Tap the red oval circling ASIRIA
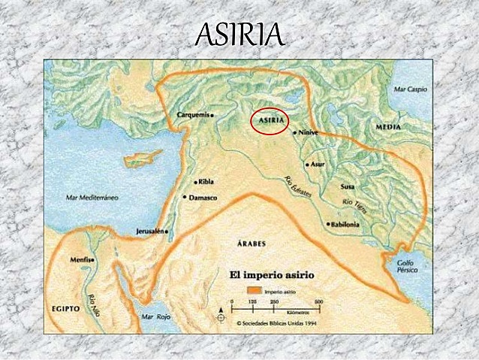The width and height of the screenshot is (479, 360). point(270,120)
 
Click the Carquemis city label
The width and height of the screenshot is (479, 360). point(194,115)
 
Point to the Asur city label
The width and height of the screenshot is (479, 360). point(318,163)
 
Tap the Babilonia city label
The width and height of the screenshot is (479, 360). point(345,224)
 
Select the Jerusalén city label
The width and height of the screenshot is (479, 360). point(149,231)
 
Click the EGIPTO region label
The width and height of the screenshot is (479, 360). point(65,309)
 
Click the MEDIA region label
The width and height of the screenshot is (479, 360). point(387,128)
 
